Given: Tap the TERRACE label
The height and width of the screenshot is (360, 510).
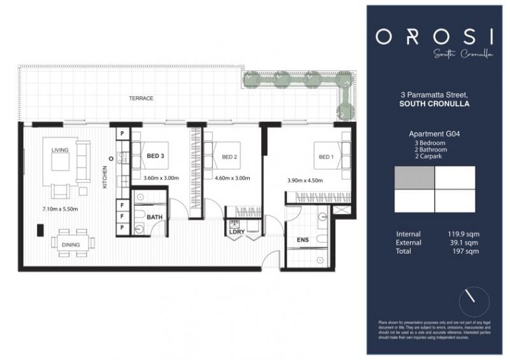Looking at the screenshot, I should (x=141, y=99).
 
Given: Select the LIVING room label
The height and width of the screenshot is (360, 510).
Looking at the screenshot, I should (x=60, y=150).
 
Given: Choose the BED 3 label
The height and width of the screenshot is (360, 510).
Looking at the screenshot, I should (x=156, y=156).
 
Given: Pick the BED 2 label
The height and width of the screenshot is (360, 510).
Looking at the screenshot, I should (x=229, y=156).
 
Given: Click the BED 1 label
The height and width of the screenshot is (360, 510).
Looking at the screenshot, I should (x=325, y=157).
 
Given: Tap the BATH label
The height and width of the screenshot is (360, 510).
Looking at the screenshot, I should (x=154, y=217).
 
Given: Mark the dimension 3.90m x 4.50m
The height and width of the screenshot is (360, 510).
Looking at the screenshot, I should (x=305, y=180).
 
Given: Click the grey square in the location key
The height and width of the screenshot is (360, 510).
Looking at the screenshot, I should (x=415, y=178).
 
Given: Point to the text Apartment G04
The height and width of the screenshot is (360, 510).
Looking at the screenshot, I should (x=435, y=134).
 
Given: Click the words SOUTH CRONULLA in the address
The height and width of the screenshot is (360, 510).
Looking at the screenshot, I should (x=435, y=104).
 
